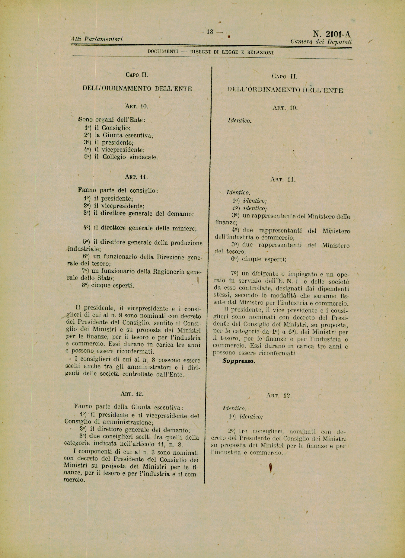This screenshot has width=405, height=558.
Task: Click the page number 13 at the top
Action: [210, 32]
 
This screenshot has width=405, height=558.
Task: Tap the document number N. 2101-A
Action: [332, 34]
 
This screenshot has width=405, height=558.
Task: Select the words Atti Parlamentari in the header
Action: [97, 39]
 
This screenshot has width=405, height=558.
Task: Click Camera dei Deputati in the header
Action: [321, 42]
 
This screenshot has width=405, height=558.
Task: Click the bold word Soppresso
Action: [239, 361]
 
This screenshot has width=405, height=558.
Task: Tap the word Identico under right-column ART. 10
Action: [239, 121]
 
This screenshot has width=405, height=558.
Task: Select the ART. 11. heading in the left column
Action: [136, 177]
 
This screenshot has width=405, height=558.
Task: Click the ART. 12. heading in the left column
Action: [132, 393]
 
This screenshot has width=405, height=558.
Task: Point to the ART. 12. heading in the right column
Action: [279, 396]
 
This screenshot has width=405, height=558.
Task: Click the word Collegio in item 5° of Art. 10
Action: [114, 157]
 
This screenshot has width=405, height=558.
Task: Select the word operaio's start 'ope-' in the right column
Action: [343, 274]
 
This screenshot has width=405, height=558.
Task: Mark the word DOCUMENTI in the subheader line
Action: [163, 51]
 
